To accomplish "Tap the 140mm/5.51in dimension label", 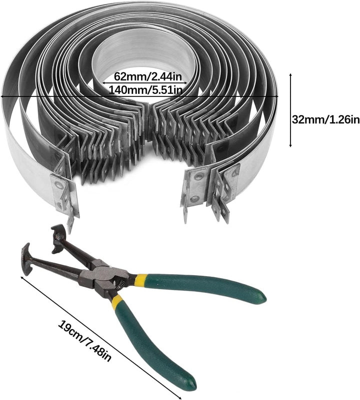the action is (x=145, y=90).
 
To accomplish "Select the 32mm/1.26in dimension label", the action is (x=326, y=119).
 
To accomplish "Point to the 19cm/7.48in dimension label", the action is (x=84, y=341).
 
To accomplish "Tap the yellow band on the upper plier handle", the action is (x=141, y=280).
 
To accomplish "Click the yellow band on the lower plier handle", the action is (x=117, y=301).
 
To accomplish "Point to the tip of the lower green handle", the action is (x=191, y=382).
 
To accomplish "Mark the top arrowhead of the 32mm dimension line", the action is (x=290, y=75).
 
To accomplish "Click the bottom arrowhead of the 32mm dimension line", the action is (x=290, y=145).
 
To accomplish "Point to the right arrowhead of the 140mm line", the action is (x=276, y=96).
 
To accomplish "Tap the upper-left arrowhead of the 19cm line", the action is (x=22, y=277).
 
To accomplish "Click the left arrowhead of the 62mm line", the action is (x=104, y=83).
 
